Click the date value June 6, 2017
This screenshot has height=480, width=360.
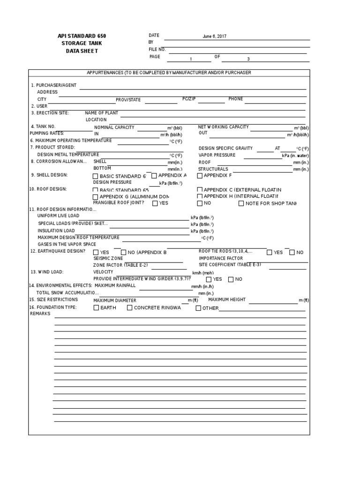pos(215,37)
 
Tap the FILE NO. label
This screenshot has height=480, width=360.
pos(157,49)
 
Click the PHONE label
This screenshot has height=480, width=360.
pos(236,99)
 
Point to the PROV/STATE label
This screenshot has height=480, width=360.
pos(128,100)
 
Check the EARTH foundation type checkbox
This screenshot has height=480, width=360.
pos(96,308)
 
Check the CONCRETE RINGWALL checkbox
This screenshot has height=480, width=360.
pos(130,308)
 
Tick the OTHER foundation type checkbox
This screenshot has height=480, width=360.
pos(198,308)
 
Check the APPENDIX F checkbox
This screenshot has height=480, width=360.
pos(200,176)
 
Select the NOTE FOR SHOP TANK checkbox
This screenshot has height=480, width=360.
pos(241,203)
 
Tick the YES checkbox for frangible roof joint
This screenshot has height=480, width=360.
pos(155,203)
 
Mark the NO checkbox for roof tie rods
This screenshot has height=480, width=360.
pos(292,252)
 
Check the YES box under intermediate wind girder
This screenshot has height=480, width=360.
pos(209,279)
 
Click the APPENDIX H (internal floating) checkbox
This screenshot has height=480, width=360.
pos(200,196)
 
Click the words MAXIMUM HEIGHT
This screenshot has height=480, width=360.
pos(227,300)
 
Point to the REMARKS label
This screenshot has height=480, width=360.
pos(40,314)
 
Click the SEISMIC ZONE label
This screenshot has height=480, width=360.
pos(108,258)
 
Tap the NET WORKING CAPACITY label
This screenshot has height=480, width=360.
pos(224,127)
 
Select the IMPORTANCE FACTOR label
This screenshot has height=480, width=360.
pos(221,258)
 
